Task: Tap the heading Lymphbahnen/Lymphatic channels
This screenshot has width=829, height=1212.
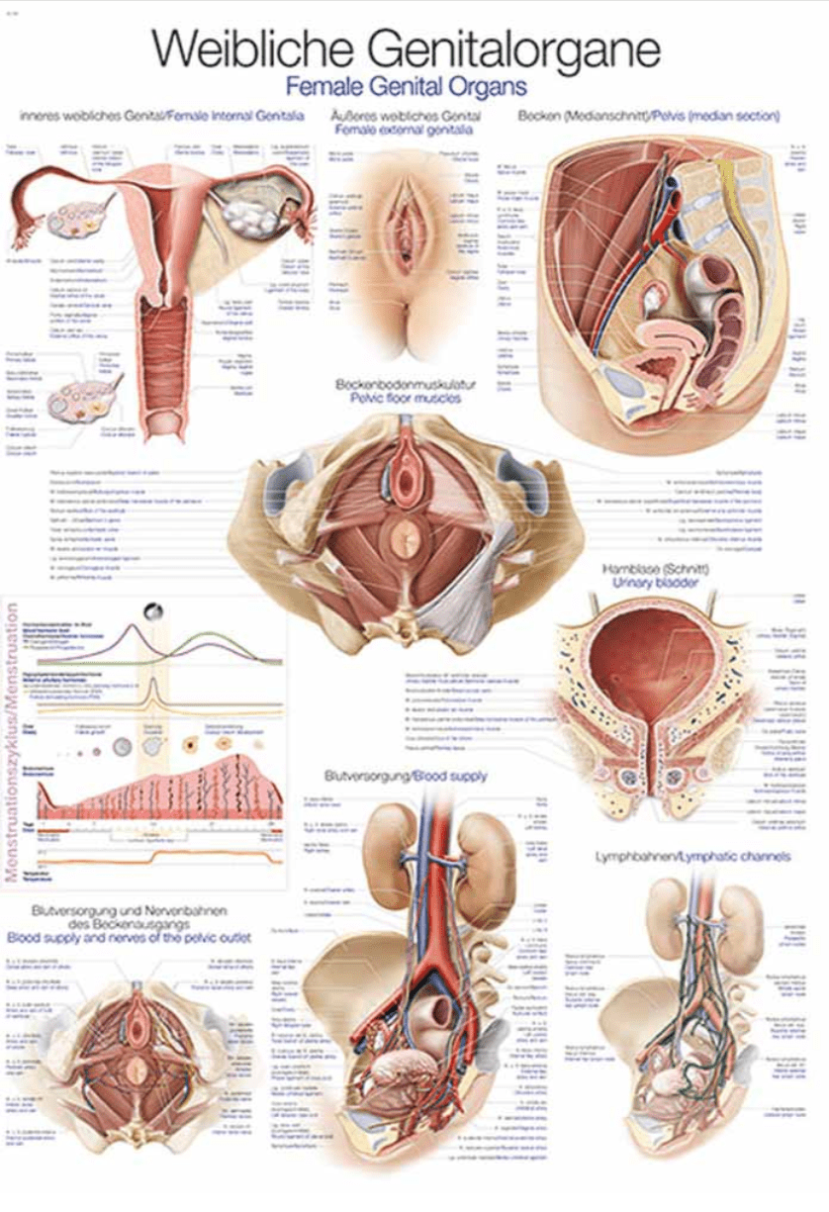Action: (693, 857)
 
